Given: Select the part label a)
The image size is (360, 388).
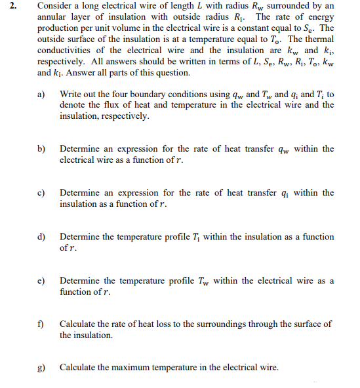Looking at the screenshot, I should point(41,95).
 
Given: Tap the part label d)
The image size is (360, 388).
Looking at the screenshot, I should point(41,236).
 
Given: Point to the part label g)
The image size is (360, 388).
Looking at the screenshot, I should point(41,367).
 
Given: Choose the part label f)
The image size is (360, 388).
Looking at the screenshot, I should point(41,324).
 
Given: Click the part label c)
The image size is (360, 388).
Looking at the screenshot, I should point(41,193).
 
